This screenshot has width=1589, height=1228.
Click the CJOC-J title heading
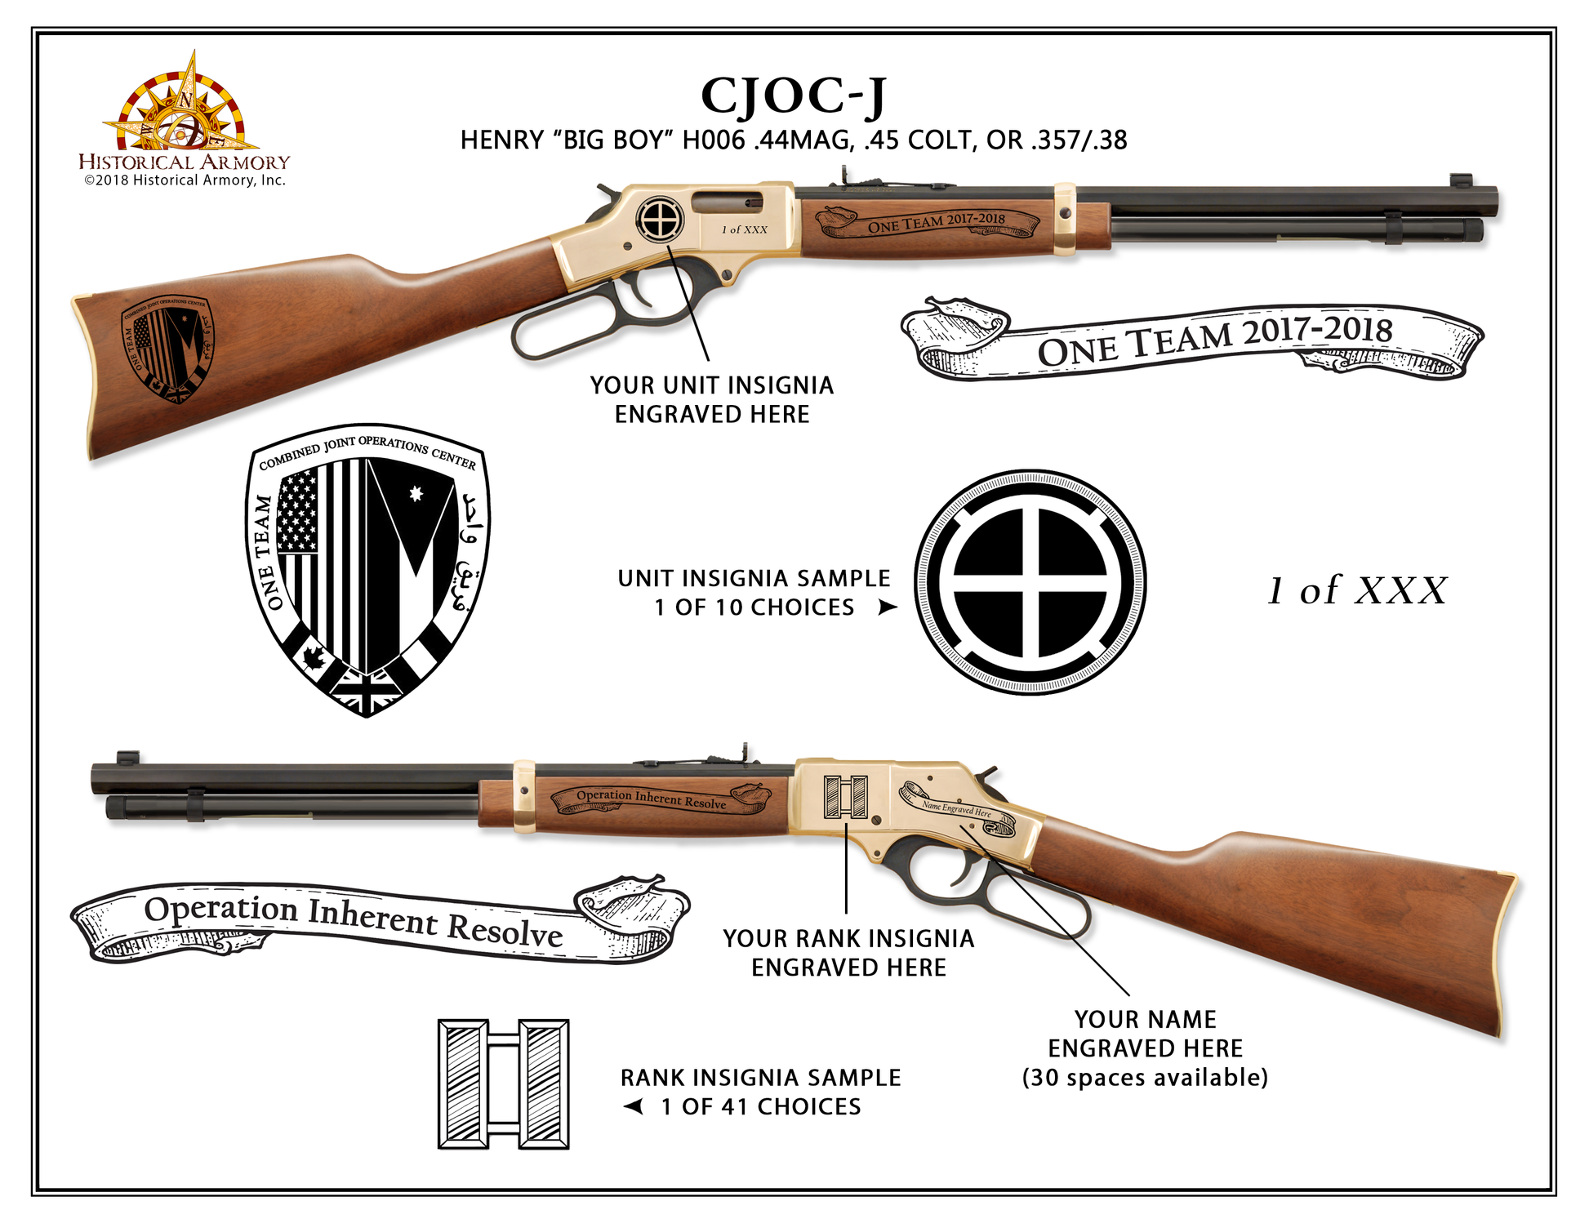point(793,96)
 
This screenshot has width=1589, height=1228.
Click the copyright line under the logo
point(185,180)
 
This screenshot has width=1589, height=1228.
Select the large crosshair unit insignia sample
point(1030,581)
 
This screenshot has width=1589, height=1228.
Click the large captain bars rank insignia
point(503,1083)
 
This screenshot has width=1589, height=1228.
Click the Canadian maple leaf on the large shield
point(314,657)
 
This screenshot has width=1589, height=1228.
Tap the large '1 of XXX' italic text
point(1356,590)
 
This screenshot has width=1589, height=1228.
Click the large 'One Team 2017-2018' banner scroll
point(1192,341)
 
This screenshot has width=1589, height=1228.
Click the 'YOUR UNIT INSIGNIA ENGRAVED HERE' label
point(711,399)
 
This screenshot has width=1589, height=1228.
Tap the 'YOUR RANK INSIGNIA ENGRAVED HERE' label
point(848,953)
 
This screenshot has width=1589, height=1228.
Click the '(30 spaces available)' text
point(1145,1078)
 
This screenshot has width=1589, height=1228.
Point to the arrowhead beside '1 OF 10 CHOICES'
point(887,607)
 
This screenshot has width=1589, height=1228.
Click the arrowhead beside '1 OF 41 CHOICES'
point(634,1106)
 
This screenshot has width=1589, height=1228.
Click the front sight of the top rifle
point(1460,180)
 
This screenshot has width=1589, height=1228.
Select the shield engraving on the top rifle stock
point(167,349)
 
